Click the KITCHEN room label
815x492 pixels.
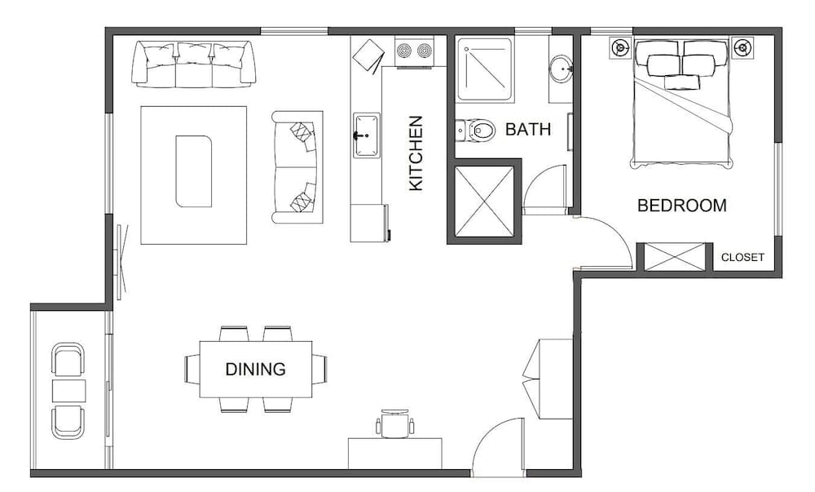416,153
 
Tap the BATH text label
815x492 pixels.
528,129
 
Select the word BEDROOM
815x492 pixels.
681,206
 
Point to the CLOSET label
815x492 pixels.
742,257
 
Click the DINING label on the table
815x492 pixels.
255,369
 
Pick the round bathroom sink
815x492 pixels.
561,69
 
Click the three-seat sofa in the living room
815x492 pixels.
194,64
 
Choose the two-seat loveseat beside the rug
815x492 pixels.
297,166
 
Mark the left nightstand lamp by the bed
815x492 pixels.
621,47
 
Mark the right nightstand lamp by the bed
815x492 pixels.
742,47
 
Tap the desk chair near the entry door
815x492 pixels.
394,423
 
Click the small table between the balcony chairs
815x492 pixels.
68,391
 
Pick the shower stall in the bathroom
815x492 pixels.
484,69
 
